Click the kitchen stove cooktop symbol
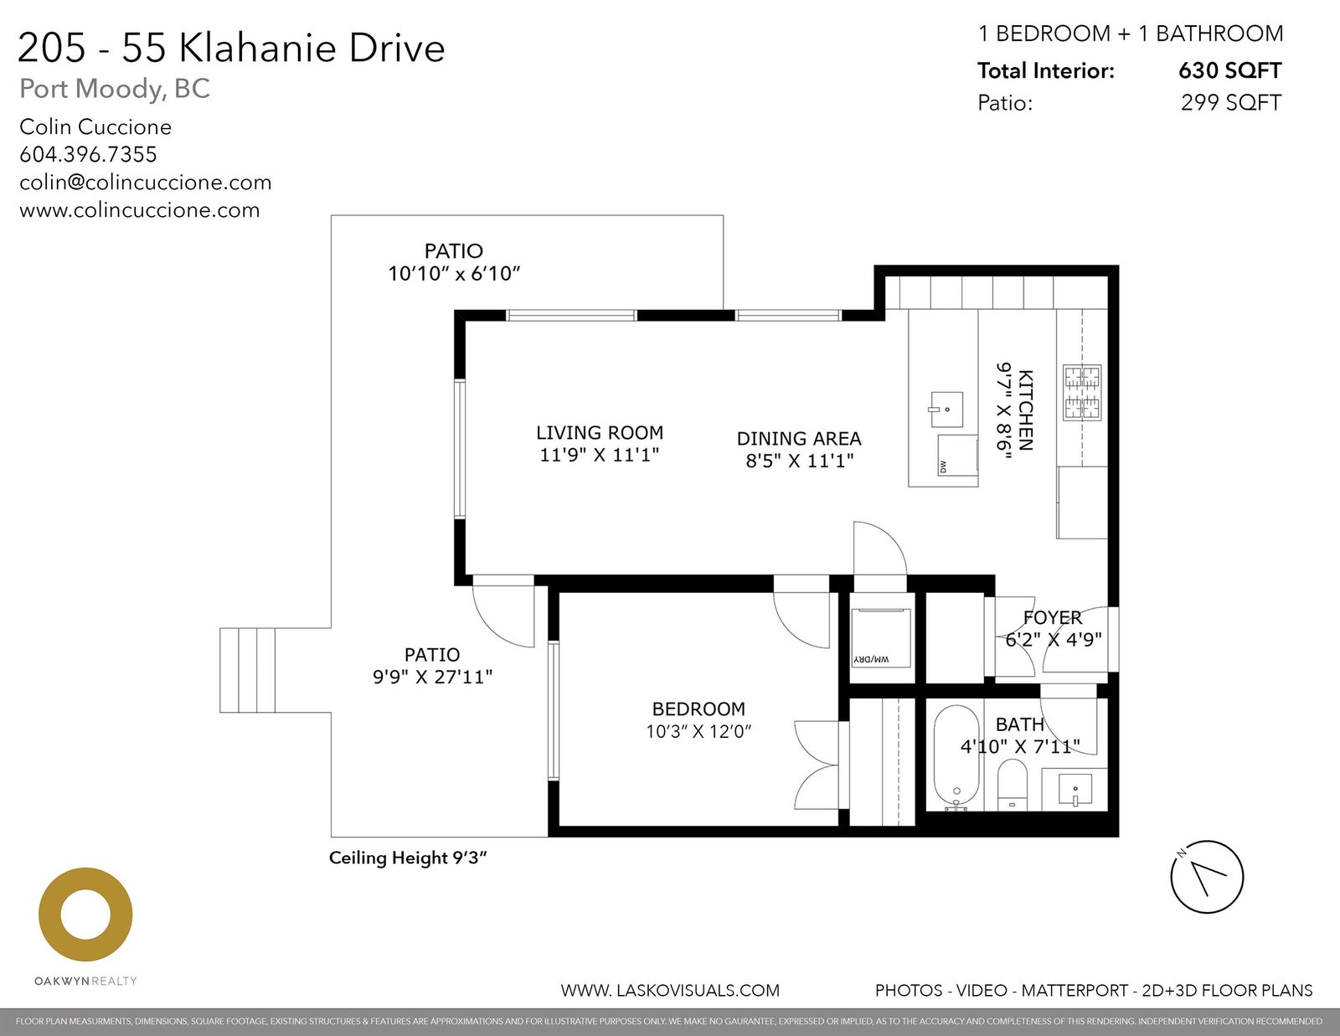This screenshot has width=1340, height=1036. click(x=1081, y=393)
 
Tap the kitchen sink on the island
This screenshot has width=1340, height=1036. click(x=946, y=409)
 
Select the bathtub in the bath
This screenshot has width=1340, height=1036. click(x=956, y=758)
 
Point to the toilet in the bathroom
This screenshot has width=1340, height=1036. click(x=1012, y=784)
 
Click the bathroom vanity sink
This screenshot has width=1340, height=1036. click(x=1075, y=790)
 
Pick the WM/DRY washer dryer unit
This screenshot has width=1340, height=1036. click(x=880, y=637)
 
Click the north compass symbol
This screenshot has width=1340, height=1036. click(x=1207, y=877)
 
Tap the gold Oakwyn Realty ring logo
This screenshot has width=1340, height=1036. click(x=85, y=914)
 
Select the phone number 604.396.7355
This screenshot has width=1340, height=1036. click(x=88, y=154)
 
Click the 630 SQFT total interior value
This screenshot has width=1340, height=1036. click(x=1229, y=70)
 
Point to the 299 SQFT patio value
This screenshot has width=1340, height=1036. click(x=1231, y=102)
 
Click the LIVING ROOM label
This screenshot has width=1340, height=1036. click(x=600, y=432)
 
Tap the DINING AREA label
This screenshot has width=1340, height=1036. click(x=799, y=439)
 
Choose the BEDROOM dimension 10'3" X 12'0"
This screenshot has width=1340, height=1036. click(x=698, y=731)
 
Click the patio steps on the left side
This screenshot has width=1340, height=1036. click(x=247, y=670)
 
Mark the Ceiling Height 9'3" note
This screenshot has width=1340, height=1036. click(x=408, y=858)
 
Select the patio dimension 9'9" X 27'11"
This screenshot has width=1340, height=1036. click(x=432, y=677)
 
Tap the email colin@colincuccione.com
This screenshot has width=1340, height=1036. click(x=146, y=183)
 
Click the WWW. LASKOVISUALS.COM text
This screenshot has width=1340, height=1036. click(x=670, y=991)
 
